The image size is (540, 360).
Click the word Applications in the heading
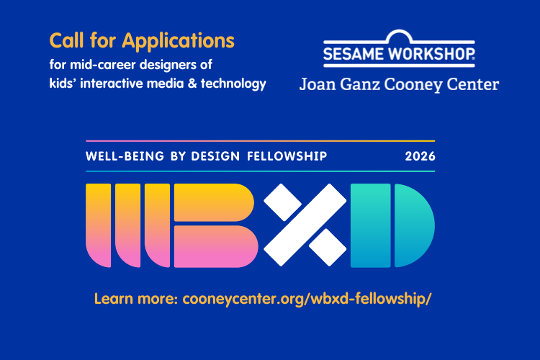178,41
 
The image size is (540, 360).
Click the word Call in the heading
67,40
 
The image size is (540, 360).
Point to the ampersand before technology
192,84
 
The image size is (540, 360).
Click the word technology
233,84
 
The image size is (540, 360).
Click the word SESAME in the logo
354,54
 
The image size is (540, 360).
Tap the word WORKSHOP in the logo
431,54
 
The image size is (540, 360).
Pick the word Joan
318,84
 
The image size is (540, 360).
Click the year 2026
420,156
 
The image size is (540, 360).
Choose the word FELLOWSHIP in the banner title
287,156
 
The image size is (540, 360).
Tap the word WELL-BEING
125,156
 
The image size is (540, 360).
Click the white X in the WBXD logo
305,225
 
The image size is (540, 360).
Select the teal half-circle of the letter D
413,225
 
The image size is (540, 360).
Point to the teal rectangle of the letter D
371,225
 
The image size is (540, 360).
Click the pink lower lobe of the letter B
216,247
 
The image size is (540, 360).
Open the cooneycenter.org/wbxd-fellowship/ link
307,299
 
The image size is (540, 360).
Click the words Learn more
136,299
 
